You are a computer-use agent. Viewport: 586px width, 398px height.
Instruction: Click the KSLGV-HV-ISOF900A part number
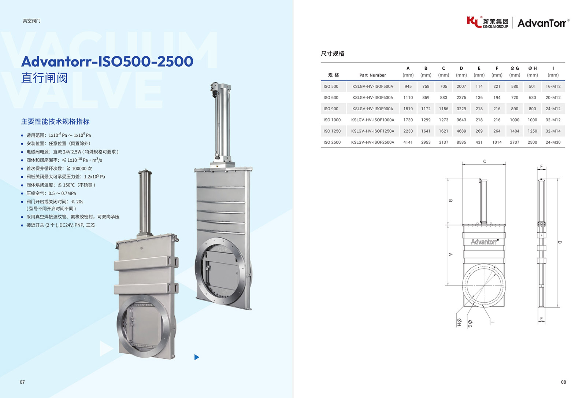[x=372, y=109]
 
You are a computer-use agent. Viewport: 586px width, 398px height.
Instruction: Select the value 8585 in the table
[x=461, y=142]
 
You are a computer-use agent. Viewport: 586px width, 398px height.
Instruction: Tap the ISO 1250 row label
[x=332, y=131]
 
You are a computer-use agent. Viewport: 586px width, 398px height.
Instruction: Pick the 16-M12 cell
[x=553, y=86]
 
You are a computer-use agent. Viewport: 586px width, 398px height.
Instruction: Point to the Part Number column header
[x=372, y=75]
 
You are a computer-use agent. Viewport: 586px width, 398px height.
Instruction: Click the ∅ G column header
[x=515, y=68]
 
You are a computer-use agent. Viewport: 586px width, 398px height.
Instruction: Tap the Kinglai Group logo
[x=487, y=22]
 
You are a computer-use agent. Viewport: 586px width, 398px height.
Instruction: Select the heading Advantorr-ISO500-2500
[x=107, y=62]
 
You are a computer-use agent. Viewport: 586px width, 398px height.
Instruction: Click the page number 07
[x=22, y=382]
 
